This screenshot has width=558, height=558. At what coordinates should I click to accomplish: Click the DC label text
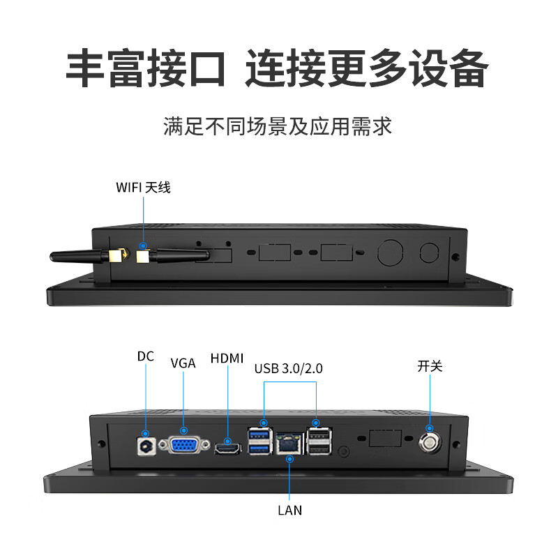(145, 356)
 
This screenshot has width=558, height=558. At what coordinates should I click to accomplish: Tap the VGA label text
(183, 363)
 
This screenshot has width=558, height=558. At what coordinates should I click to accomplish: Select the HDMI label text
(227, 359)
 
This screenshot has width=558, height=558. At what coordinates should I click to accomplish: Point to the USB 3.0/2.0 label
(288, 368)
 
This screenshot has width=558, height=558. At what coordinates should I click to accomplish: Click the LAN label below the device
(289, 510)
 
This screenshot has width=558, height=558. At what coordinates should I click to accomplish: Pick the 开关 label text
(430, 365)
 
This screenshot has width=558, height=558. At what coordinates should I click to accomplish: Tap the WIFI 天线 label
(143, 187)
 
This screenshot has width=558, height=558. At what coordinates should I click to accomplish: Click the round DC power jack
(146, 446)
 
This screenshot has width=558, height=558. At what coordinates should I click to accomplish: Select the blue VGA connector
(184, 445)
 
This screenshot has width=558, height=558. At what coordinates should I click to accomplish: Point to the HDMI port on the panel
(227, 450)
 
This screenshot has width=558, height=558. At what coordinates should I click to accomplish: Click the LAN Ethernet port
(289, 443)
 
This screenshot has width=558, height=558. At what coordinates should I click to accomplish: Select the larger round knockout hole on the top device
(390, 252)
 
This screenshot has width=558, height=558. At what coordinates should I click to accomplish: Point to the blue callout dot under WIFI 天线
(143, 246)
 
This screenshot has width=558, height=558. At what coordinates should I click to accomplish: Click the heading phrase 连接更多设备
(366, 68)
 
